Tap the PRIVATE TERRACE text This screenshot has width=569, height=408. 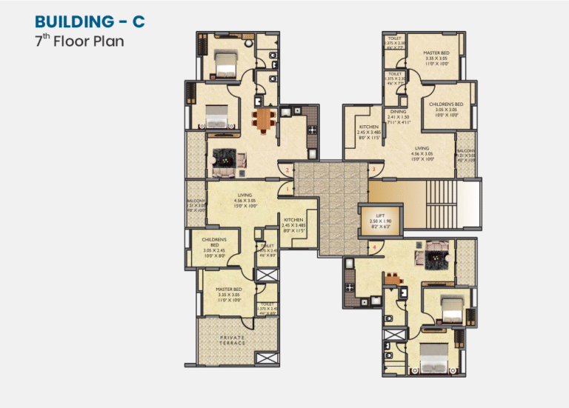point(232,340)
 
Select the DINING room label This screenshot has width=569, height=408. point(398,112)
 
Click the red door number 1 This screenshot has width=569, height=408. point(287,190)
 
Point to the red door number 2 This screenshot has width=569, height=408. point(287,170)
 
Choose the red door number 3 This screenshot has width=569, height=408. point(374,170)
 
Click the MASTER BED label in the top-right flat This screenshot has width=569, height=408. point(435,53)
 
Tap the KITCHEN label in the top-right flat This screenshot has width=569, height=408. point(368,127)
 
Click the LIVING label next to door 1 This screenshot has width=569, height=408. point(244,195)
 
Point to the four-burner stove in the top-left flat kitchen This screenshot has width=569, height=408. point(313,130)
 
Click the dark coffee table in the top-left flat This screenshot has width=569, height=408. point(222,157)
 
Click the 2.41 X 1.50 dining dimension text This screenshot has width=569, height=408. point(398,118)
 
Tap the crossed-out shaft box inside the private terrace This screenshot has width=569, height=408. point(266,356)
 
